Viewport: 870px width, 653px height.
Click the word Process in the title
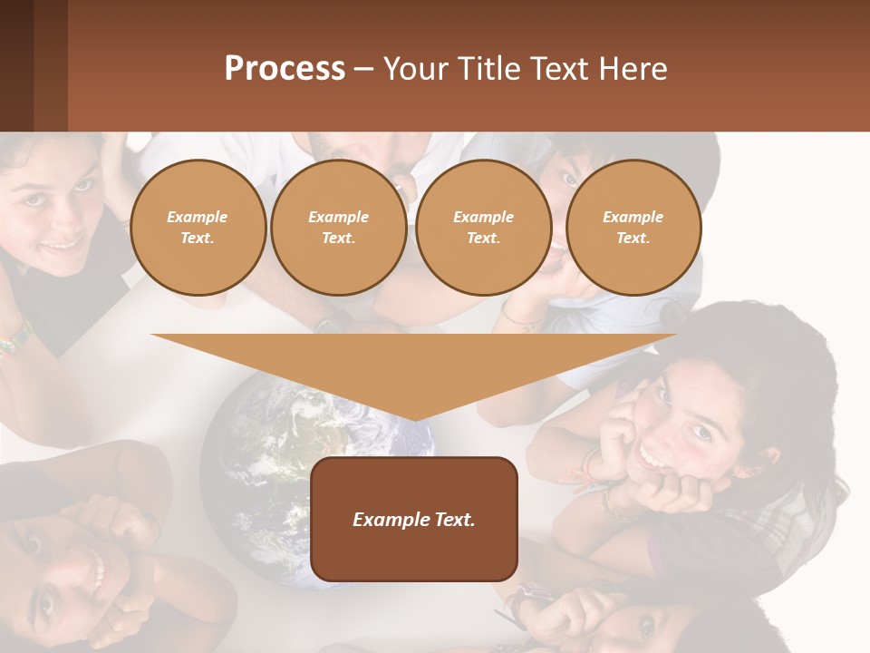[x=285, y=69]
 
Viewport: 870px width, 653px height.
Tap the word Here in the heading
[x=632, y=69]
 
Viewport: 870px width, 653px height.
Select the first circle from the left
[x=198, y=228]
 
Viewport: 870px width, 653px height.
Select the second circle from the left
[x=339, y=228]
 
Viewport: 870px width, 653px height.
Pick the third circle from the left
[x=484, y=228]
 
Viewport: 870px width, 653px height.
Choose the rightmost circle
[x=633, y=228]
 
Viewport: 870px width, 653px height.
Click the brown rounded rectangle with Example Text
[x=414, y=519]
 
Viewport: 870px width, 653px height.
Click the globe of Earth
[x=272, y=472]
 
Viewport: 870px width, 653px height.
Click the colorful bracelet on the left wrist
[x=14, y=342]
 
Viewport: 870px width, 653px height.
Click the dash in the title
[x=364, y=69]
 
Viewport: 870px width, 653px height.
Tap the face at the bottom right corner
[x=634, y=626]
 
